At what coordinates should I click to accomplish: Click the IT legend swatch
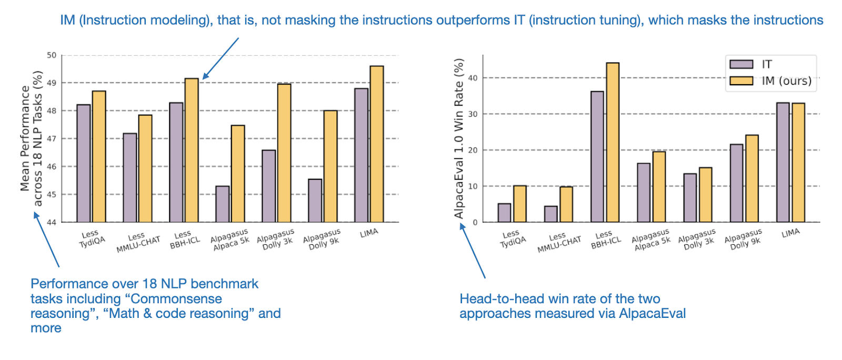pos(741,64)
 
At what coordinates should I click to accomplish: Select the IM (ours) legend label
pos(786,81)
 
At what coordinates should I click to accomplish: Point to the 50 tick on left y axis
pos(52,55)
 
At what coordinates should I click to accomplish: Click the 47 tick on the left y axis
pos(52,139)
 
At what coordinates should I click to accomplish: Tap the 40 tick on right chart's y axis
pos(473,78)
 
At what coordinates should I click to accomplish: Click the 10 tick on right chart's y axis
pos(473,186)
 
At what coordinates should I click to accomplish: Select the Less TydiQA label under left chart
pos(92,238)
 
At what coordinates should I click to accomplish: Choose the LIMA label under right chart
pos(790,233)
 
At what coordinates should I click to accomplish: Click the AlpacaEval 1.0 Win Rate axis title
pos(459,138)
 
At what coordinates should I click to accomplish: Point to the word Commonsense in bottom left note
pos(176,299)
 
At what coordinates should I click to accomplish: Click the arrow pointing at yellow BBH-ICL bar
pos(221,58)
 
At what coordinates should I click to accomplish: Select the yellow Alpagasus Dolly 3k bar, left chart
pos(284,153)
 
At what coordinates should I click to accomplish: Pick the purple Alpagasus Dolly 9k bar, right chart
pos(737,183)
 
